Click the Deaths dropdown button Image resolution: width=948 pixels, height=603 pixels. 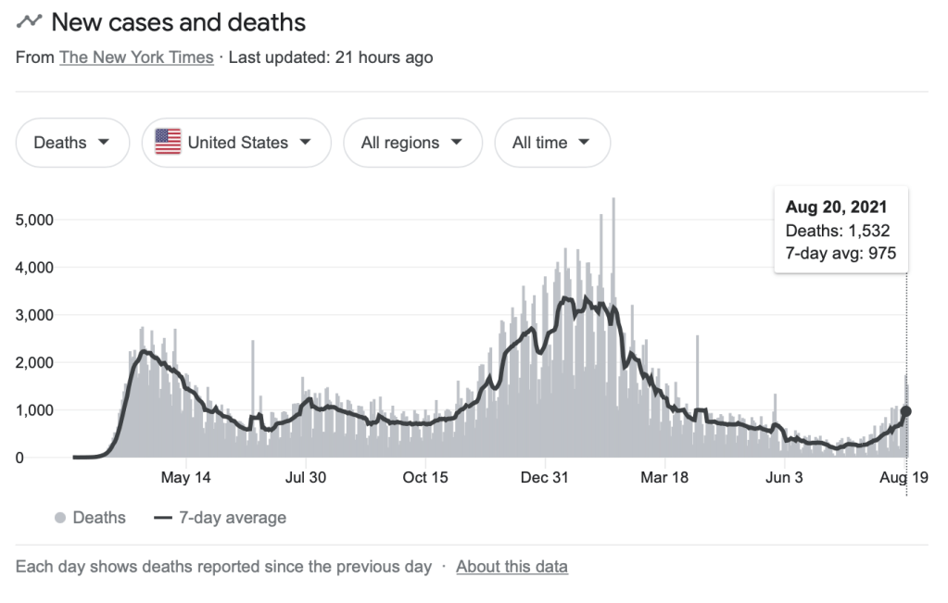[72, 143]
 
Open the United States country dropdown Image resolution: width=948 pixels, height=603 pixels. [236, 143]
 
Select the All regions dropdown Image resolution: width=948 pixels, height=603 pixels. [412, 143]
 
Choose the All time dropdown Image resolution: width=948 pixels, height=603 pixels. [552, 143]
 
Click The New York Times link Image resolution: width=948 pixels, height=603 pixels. [136, 57]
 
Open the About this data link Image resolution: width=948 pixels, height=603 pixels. [512, 566]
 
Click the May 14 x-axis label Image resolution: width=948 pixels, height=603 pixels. [186, 478]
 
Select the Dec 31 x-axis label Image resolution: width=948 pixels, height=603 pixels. [546, 478]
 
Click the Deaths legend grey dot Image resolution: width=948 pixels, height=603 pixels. [61, 518]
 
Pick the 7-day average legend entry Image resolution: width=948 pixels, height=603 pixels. [221, 518]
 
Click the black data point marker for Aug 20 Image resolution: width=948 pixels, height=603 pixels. [906, 411]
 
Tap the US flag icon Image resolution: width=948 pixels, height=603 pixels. [168, 143]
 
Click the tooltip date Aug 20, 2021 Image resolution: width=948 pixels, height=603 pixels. [836, 207]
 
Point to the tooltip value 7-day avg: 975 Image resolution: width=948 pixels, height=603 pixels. [841, 253]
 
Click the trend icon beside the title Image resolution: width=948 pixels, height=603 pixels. [29, 20]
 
